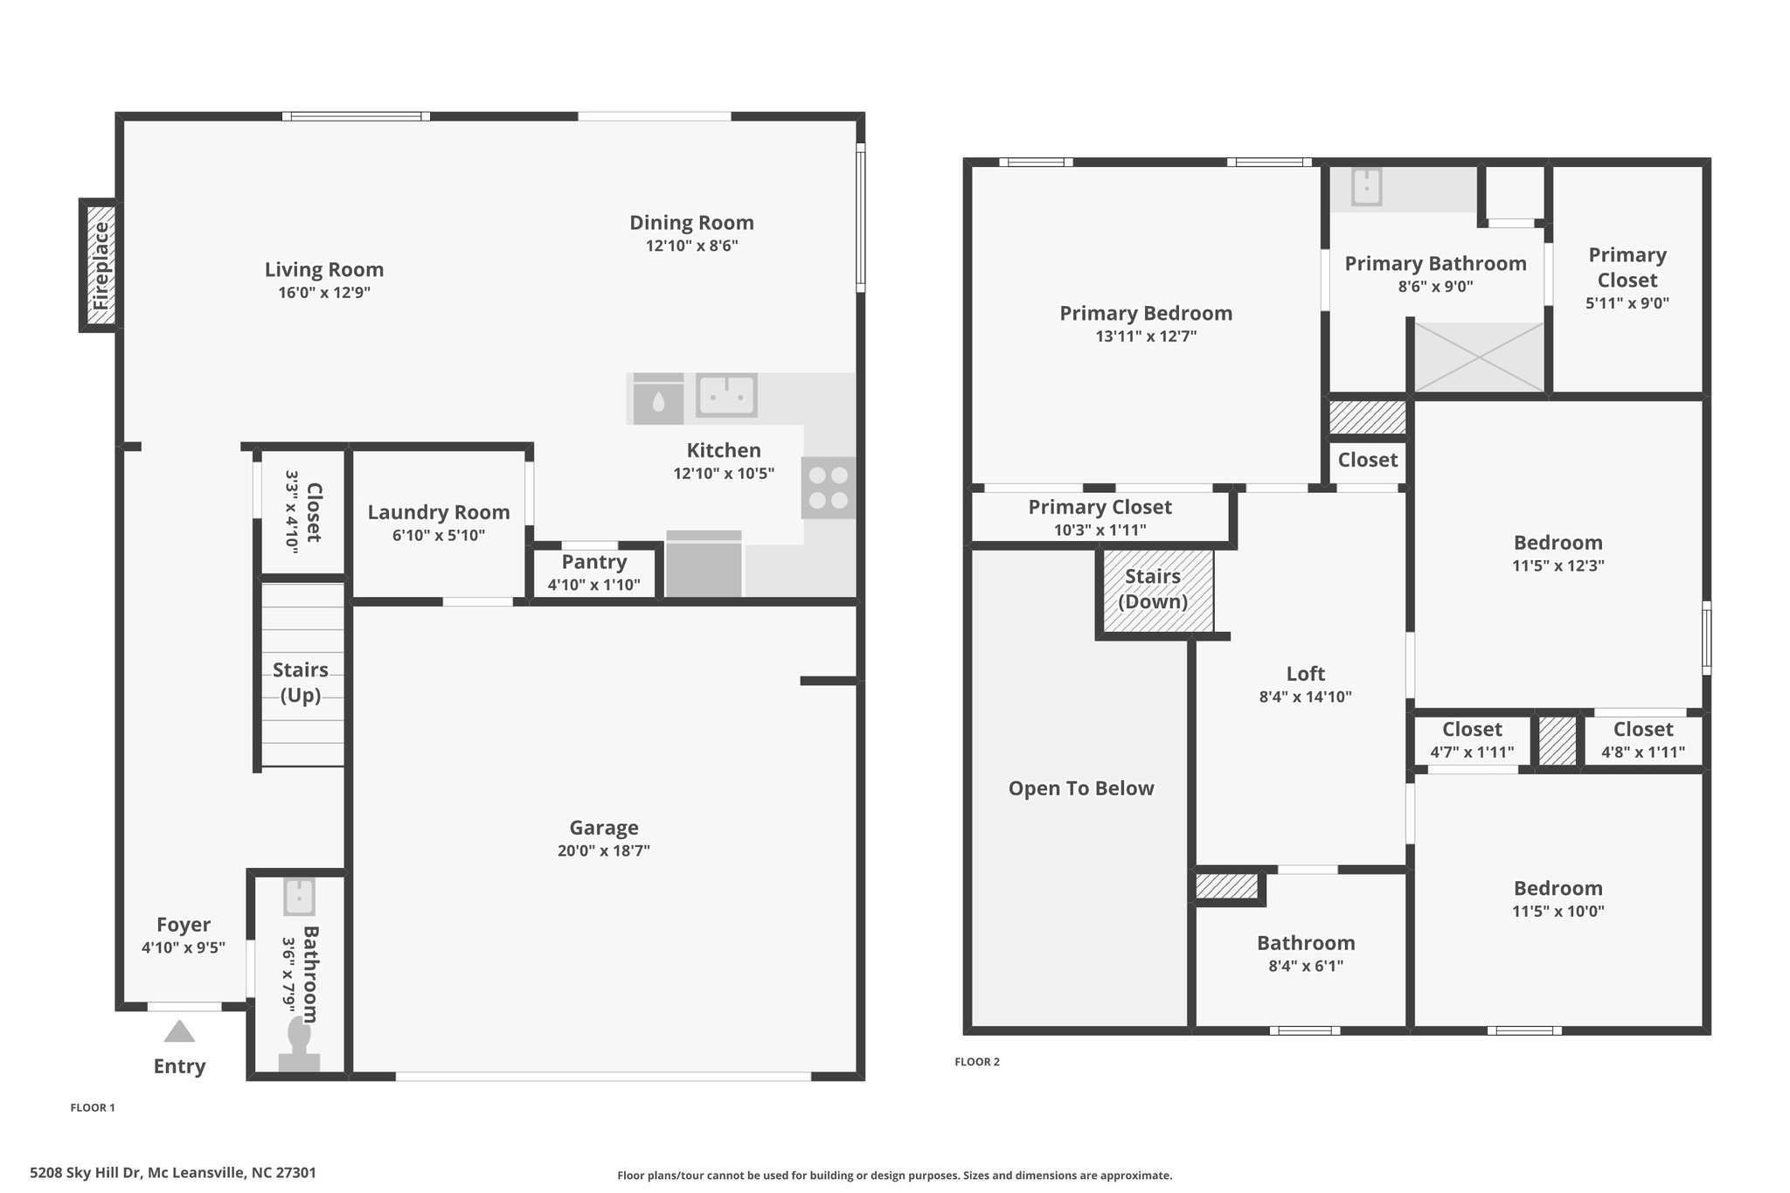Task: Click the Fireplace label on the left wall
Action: (x=101, y=266)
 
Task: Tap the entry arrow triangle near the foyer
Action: (x=179, y=1031)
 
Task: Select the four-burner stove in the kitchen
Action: (x=829, y=488)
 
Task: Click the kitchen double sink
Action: (x=726, y=395)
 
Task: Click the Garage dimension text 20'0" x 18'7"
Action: (x=604, y=850)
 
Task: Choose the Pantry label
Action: (x=594, y=562)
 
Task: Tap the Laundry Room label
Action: (x=439, y=513)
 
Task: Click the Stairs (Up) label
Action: (x=301, y=683)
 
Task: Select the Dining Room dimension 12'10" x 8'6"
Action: (x=692, y=246)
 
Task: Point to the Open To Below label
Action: (x=1081, y=788)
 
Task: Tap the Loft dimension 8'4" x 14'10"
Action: (x=1306, y=697)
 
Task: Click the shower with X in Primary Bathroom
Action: (x=1479, y=357)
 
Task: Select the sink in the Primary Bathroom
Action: (x=1366, y=187)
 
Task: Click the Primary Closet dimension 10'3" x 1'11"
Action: (x=1100, y=530)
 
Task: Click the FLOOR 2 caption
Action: (x=977, y=1062)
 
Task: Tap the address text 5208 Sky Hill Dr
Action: (x=86, y=1173)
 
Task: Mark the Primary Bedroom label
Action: (x=1146, y=313)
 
